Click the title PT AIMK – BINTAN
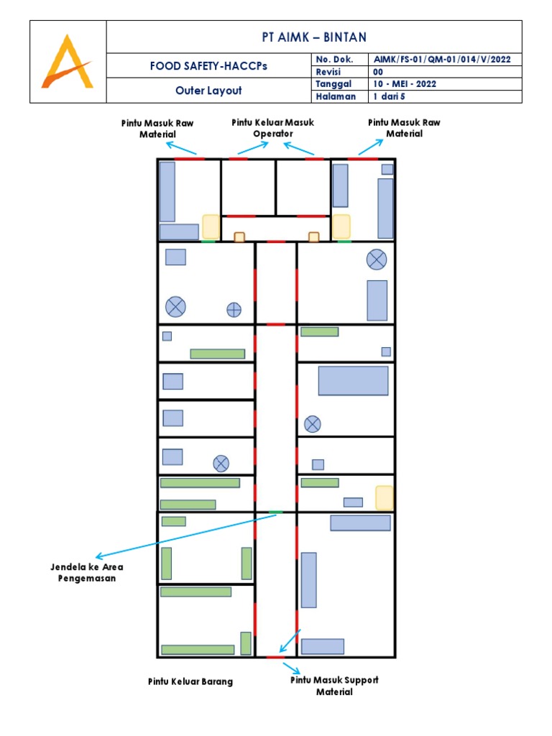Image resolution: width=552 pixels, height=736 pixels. (314, 37)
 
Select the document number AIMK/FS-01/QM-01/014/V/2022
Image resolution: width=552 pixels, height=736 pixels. (442, 59)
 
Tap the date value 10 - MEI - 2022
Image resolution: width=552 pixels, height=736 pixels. (405, 84)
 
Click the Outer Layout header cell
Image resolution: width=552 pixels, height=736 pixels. (208, 91)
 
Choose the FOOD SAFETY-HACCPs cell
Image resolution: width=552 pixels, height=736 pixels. (208, 65)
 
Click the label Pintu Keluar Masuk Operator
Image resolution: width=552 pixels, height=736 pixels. (273, 128)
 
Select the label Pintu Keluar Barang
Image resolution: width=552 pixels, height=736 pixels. (190, 681)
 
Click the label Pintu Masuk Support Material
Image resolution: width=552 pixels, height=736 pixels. (334, 686)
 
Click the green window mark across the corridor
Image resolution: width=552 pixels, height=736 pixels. (275, 512)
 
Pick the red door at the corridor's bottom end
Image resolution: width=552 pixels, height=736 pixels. (275, 657)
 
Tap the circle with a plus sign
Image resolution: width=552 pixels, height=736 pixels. (234, 310)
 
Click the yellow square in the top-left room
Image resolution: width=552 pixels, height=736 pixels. (211, 226)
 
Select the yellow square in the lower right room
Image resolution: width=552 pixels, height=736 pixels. (385, 497)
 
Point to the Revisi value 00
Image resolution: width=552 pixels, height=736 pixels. (378, 71)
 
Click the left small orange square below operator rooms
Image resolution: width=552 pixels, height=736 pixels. (239, 237)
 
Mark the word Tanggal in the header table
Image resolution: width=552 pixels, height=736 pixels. (332, 84)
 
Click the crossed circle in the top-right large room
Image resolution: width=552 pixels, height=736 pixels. (377, 259)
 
